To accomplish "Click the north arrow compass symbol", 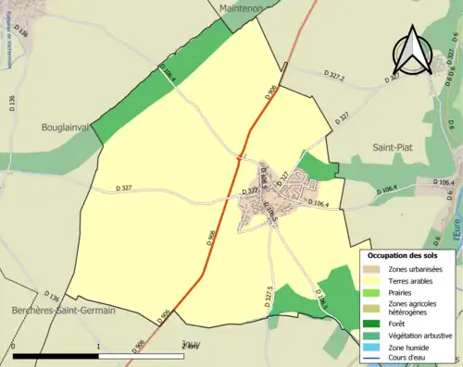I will [412, 51].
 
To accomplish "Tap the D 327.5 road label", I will [269, 296].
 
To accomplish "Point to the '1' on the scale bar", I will [98, 348].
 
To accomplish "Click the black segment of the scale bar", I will [56, 356].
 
